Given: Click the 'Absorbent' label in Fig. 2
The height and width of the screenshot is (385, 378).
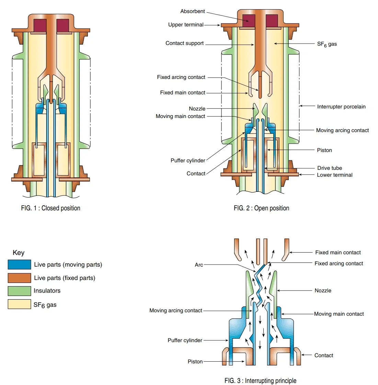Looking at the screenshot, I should [192, 11].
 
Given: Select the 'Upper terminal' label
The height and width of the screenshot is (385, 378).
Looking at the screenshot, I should [185, 25].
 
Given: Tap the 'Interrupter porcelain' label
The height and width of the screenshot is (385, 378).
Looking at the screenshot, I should [341, 107].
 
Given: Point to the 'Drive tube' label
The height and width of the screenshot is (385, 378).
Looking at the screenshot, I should [329, 168].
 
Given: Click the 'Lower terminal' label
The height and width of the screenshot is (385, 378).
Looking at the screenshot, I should [334, 175].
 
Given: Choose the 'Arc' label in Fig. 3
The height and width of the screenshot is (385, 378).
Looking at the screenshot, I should [199, 265].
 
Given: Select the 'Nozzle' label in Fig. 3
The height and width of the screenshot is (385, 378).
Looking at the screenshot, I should [323, 291].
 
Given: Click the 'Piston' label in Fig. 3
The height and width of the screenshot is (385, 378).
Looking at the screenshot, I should [195, 362].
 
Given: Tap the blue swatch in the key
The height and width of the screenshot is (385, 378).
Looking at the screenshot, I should [19, 265].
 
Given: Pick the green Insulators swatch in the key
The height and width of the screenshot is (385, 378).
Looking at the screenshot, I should [19, 291].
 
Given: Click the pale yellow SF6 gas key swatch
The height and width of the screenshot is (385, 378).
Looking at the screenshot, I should [19, 304].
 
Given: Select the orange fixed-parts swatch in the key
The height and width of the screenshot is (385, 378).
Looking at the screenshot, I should [19, 278].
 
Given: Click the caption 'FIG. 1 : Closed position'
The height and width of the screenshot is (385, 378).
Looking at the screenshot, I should [50, 208].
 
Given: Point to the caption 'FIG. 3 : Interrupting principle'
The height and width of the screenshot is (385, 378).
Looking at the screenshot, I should [260, 381].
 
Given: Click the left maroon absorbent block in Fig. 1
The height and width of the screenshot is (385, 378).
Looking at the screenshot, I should [40, 25].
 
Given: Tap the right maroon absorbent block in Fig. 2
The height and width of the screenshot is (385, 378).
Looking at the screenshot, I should [272, 21].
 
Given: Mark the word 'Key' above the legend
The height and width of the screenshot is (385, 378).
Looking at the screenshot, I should [19, 253].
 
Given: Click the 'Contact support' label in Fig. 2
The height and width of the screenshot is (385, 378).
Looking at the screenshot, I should [184, 43].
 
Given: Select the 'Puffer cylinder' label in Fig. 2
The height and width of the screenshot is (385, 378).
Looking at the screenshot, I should [188, 161].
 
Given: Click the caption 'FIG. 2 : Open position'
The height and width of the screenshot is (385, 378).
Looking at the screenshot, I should [261, 208].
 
